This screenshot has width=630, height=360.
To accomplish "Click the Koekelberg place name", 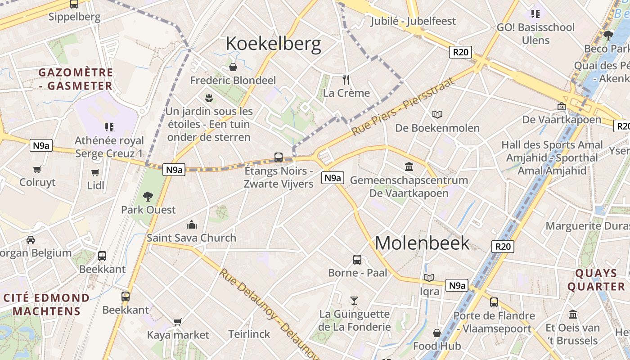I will click(x=273, y=44).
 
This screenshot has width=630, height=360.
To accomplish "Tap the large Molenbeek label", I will click(x=422, y=243).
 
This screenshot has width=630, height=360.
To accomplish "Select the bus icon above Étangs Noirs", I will click(x=279, y=157).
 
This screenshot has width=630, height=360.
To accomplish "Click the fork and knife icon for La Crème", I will click(x=346, y=80).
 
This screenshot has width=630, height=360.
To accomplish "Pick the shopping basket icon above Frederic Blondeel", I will click(x=233, y=67).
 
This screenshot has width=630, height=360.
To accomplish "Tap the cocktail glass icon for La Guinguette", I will click(x=354, y=300).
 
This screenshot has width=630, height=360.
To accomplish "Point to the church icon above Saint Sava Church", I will click(x=192, y=224).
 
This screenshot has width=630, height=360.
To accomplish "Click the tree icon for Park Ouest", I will click(x=148, y=196).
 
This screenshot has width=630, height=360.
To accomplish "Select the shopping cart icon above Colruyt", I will click(x=37, y=169).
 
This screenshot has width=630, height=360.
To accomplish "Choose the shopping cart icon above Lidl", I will click(x=95, y=172).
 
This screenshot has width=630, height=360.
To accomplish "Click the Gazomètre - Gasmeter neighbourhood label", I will click(x=76, y=79).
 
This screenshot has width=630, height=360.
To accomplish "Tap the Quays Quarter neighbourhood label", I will click(x=596, y=280).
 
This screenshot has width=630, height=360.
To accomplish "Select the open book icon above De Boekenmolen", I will click(x=437, y=114).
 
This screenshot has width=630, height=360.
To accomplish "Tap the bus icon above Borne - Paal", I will click(x=357, y=259).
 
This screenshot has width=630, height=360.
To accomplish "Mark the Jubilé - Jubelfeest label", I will click(x=413, y=21).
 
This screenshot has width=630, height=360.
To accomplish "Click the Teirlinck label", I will click(x=249, y=334).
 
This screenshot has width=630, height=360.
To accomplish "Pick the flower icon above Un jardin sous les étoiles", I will click(x=208, y=97).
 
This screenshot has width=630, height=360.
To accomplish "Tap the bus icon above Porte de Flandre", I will click(x=494, y=302).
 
